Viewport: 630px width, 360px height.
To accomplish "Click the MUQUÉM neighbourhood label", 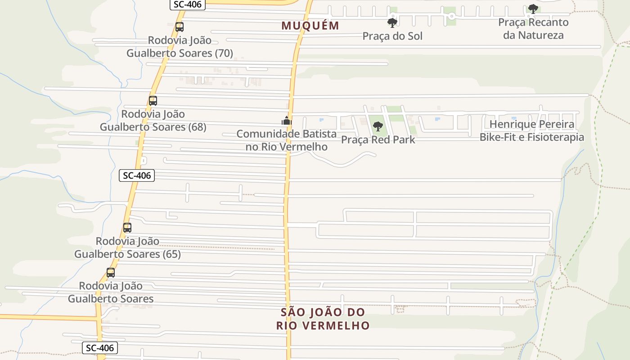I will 310,26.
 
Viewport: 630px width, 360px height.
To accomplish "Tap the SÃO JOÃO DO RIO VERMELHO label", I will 323,319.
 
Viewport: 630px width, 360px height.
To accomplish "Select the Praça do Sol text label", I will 392,36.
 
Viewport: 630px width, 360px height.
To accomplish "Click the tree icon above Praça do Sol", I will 392,22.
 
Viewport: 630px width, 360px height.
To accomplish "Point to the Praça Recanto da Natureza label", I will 533,28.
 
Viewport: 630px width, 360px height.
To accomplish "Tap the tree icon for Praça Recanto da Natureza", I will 533,9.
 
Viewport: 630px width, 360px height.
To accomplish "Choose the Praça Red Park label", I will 378,139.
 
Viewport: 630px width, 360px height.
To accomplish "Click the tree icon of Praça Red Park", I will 378,126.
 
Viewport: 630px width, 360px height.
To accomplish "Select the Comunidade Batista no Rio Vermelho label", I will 286,140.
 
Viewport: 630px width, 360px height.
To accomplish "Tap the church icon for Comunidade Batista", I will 286,121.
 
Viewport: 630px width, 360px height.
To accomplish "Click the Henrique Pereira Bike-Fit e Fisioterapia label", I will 531,130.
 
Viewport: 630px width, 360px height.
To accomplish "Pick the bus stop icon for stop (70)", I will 180,27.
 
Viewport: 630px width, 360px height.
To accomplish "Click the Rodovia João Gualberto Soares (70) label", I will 180,47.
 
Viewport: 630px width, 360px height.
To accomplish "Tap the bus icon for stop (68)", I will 153,101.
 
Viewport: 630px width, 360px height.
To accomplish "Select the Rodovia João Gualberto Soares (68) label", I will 153,121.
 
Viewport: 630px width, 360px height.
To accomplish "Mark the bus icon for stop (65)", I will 127,228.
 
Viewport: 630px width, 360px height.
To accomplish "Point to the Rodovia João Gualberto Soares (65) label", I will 127,247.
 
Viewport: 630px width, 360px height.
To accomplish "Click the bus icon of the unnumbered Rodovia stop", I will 111,273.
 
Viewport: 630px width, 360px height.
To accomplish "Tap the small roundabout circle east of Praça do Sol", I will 451,16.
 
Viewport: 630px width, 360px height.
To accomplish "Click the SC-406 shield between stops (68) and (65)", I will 137,175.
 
